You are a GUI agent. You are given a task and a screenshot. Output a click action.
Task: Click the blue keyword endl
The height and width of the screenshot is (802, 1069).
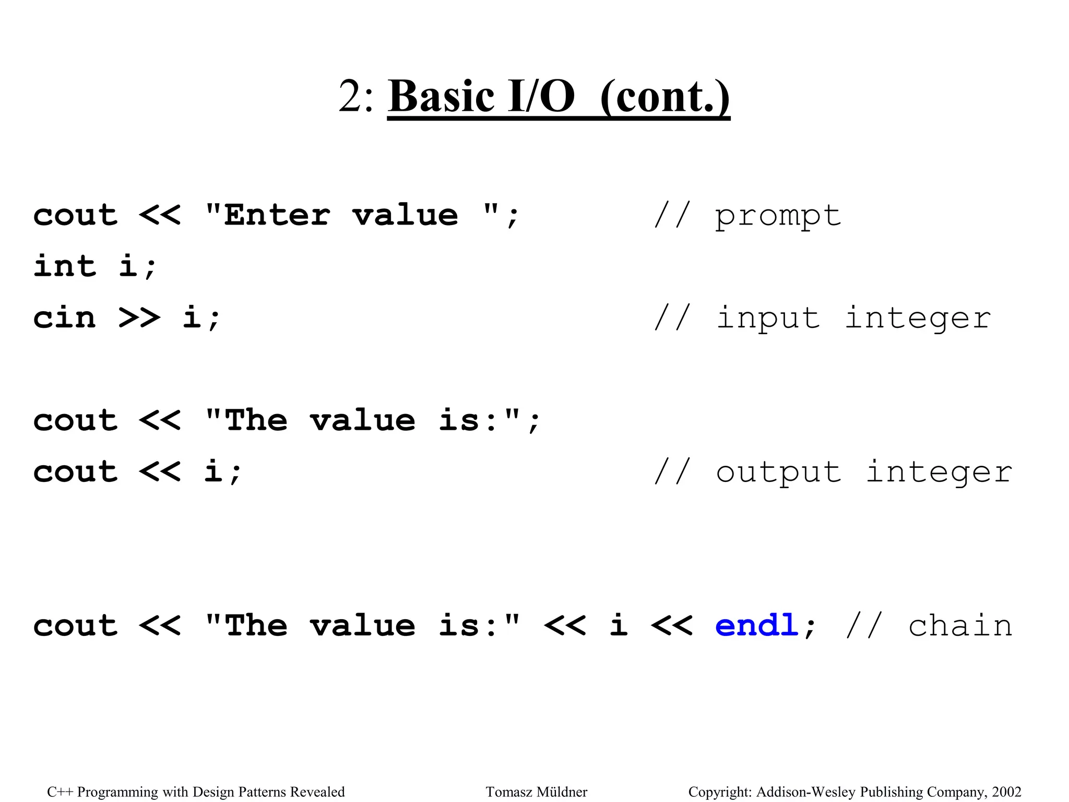coord(756,626)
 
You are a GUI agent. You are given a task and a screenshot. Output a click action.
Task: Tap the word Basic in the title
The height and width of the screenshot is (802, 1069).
coord(441,97)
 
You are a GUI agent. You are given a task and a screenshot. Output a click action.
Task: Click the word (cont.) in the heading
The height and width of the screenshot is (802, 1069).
coord(664,98)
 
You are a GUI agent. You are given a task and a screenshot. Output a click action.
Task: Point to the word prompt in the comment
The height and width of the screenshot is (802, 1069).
coord(778,216)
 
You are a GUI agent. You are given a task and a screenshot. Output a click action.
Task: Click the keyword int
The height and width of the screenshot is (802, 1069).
coord(65,266)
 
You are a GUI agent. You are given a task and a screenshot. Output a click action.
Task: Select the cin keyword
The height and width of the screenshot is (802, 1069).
coord(65,318)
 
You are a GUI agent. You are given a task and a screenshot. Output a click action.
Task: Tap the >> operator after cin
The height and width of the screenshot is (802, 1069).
coord(139,318)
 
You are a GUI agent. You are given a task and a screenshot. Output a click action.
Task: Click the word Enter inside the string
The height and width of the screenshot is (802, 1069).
coord(277,215)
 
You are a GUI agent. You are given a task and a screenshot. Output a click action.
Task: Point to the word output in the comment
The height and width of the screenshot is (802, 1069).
coord(778,473)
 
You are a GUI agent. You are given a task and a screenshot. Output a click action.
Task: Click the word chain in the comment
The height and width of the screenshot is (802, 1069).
coord(960,626)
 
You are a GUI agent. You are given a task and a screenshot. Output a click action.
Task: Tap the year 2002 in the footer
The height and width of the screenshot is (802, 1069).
coord(1006,792)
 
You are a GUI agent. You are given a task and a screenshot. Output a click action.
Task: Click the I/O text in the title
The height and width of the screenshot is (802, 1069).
coord(541,97)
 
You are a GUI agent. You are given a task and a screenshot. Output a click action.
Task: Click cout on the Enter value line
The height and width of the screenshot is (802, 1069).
coord(76,215)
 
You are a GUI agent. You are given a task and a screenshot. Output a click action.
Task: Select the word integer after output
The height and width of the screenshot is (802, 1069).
coord(939,473)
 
